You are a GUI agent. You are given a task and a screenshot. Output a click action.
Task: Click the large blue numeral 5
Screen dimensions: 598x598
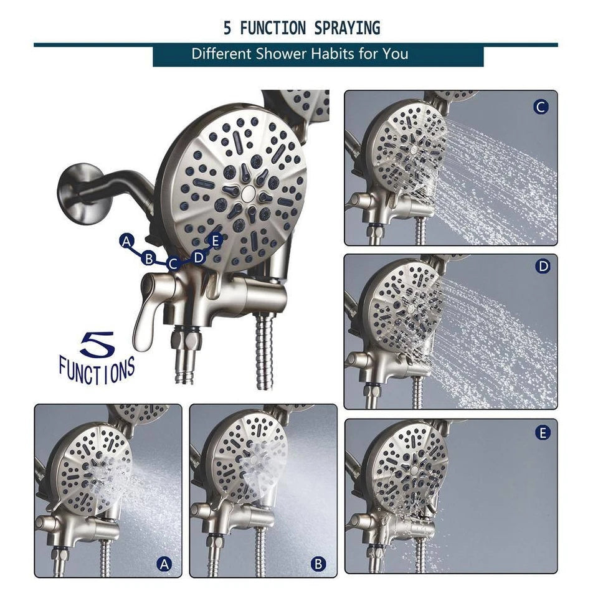coord(97,345)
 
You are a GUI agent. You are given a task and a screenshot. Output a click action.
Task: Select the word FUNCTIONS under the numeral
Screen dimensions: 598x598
coord(97,370)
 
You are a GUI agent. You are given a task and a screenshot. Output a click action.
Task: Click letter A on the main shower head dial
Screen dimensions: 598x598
coord(127,241)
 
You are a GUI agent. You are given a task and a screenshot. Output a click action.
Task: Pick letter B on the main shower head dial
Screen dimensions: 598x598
coord(148,257)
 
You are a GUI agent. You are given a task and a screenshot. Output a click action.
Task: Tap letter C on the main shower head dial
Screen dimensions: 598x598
coord(174,263)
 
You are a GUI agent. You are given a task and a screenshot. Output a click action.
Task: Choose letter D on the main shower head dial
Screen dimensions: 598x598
coord(198,257)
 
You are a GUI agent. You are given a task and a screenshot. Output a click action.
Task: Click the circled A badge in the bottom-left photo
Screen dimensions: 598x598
coord(164,564)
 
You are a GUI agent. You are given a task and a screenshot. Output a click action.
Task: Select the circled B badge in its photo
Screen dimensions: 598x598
coord(319,564)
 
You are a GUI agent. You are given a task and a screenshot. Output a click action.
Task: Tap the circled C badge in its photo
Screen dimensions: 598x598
coord(541,107)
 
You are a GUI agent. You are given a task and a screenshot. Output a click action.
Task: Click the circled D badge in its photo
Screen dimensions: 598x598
coord(543,267)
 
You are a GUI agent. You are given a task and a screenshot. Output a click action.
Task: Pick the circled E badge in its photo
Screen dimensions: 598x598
coord(543,432)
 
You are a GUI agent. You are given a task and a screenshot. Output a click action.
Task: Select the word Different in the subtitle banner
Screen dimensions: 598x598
coord(221,54)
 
